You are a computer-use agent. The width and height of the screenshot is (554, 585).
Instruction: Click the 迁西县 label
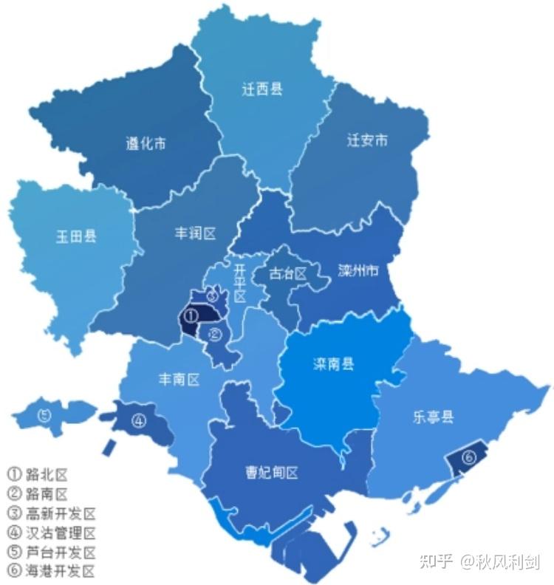[262, 90]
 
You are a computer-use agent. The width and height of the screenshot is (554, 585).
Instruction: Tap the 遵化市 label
[146, 144]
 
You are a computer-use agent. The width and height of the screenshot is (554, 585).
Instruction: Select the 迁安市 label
[367, 140]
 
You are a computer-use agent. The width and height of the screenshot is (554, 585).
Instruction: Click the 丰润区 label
[195, 233]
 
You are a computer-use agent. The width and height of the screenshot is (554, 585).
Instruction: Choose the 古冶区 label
[287, 273]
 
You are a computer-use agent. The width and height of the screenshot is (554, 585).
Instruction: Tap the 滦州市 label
[358, 270]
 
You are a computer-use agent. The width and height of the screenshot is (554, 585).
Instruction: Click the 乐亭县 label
[434, 417]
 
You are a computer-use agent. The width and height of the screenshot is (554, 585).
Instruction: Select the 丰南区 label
[179, 380]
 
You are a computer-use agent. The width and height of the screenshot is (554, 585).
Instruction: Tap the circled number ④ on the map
[139, 422]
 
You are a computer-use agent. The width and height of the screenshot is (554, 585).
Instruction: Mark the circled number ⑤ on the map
[44, 415]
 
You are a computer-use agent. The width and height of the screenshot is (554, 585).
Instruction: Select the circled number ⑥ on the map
[469, 457]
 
